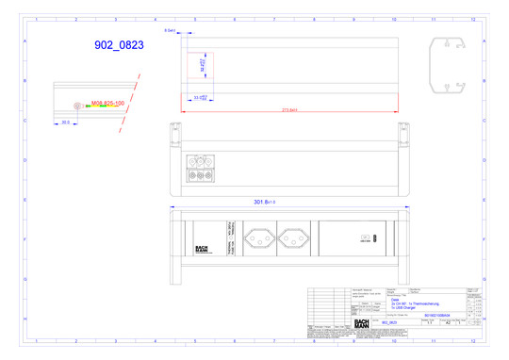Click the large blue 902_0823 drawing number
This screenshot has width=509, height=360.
click(x=120, y=44)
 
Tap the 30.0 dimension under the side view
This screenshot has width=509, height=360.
click(x=66, y=123)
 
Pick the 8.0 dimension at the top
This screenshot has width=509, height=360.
click(x=171, y=31)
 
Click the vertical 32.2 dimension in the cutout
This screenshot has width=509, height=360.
click(x=204, y=67)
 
